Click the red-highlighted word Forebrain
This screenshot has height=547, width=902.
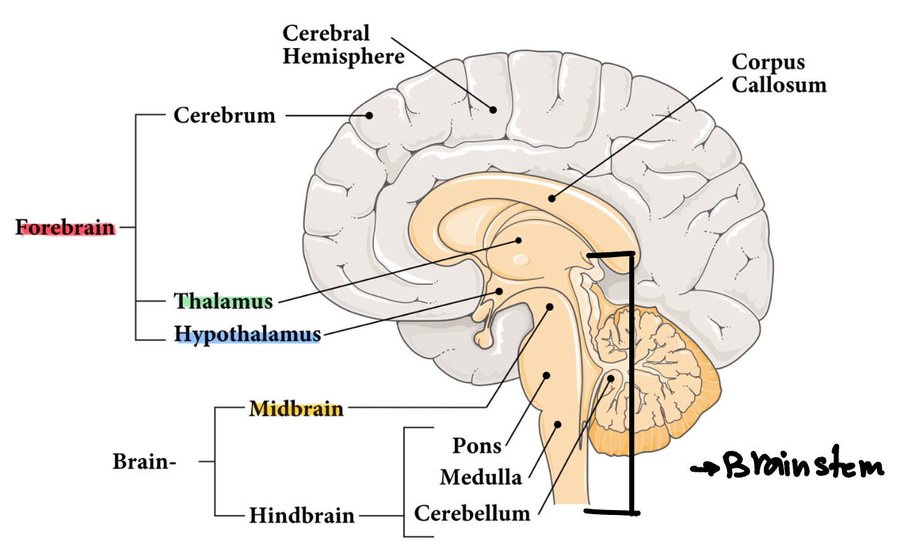[x=66, y=227]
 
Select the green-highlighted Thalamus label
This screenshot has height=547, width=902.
[x=223, y=302]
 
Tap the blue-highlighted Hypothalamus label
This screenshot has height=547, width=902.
[x=248, y=335]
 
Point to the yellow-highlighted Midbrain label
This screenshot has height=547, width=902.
[x=296, y=409]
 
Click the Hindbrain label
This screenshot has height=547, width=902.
[x=302, y=516]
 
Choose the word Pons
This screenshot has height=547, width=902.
[x=477, y=445]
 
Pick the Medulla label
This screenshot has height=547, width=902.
[x=481, y=477]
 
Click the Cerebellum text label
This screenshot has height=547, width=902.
[x=472, y=514]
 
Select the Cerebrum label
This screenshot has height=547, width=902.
[x=224, y=115]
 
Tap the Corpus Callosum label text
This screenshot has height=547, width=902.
[x=779, y=73]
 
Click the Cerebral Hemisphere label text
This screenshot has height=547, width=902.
[x=343, y=45]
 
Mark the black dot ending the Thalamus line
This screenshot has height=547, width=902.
[x=518, y=241]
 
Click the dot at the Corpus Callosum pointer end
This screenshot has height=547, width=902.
[x=552, y=198]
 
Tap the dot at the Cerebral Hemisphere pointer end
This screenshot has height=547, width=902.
[x=493, y=109]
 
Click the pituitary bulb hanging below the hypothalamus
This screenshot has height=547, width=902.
[x=483, y=339]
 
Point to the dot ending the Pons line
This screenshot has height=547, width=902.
[x=546, y=376]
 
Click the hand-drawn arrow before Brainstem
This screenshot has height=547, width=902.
[x=703, y=470]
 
